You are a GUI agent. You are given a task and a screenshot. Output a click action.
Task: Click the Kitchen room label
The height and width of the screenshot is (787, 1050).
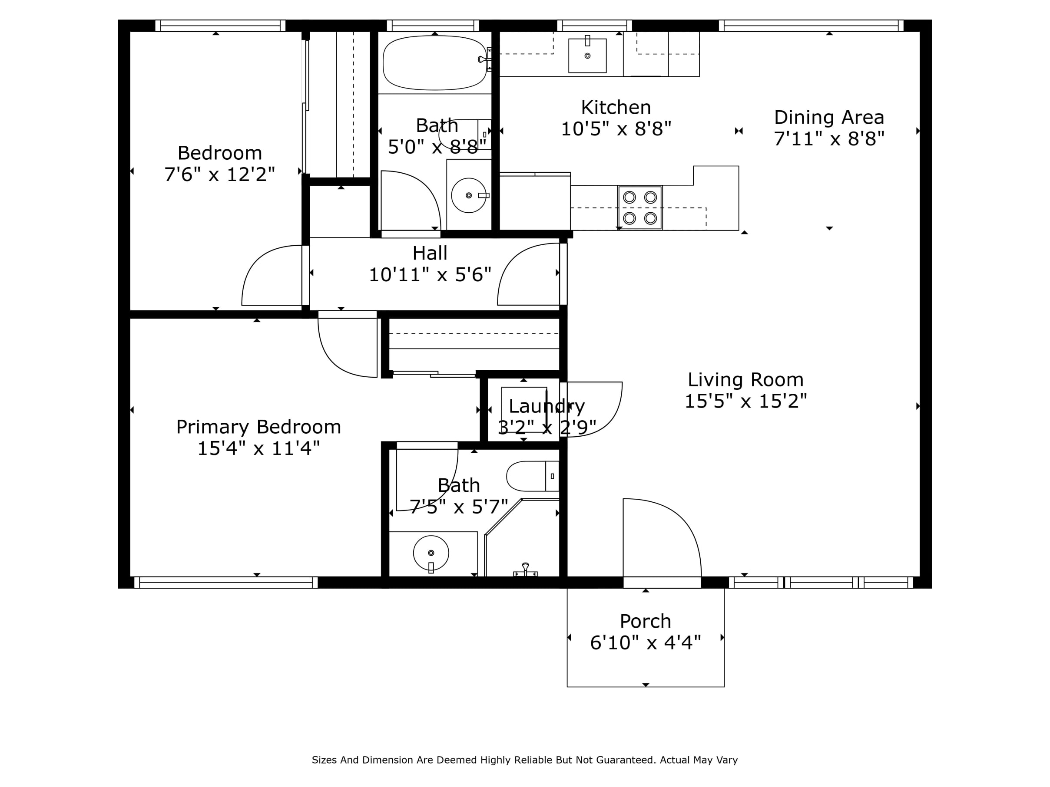[616, 108]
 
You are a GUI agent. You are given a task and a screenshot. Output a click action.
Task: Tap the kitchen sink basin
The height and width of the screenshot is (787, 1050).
[587, 56]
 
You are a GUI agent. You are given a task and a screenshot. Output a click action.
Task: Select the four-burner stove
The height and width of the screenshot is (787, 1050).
[640, 208]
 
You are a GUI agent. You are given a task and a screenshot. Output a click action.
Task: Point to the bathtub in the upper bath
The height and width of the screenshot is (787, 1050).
[434, 63]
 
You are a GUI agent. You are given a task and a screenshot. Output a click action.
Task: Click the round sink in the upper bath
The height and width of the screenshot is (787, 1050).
[468, 195]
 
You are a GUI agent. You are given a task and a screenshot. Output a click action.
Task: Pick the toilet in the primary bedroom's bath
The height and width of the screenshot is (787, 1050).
[532, 476]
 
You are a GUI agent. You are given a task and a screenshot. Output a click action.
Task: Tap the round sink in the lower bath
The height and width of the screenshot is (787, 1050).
[431, 553]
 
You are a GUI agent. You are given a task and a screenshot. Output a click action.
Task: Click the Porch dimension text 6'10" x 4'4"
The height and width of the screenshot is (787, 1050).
[645, 642]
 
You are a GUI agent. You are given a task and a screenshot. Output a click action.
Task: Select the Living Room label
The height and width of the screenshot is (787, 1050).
[745, 379]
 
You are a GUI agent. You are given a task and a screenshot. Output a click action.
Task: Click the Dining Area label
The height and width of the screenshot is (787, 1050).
[829, 117]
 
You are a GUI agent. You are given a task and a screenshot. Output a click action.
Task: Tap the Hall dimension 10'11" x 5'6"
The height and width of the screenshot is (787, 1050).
[430, 275]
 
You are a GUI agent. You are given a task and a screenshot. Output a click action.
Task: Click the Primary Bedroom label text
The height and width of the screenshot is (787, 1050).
[258, 427]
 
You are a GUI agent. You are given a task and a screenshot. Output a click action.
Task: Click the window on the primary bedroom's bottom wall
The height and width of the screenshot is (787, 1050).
[226, 583]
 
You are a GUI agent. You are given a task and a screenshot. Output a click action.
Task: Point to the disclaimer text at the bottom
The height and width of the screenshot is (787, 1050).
[524, 760]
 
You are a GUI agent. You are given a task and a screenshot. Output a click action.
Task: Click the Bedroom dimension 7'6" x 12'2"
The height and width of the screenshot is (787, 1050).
[219, 175]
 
